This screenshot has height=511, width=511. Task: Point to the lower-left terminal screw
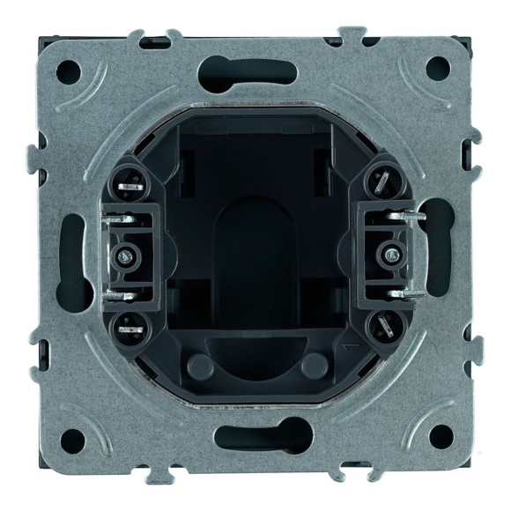(x=130, y=323)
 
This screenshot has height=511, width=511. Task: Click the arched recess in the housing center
(x=255, y=264)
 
